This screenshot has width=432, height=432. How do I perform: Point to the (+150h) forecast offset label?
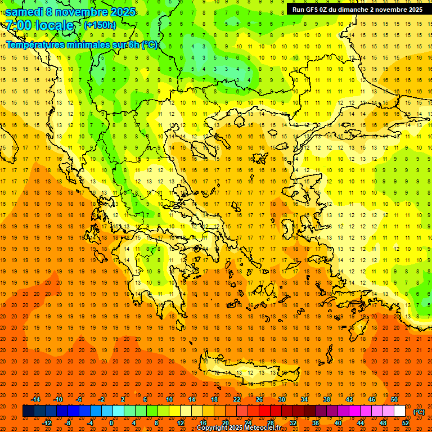(x=100, y=25)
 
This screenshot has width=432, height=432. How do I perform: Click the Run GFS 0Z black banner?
(x=357, y=10)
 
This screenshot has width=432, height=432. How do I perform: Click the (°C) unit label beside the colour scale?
(x=419, y=412)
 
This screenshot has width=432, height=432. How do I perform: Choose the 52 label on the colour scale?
(x=405, y=423)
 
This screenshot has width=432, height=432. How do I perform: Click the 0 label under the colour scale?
(x=111, y=423)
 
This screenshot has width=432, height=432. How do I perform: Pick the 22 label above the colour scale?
(x=237, y=399)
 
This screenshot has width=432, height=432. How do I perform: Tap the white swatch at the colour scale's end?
(x=399, y=411)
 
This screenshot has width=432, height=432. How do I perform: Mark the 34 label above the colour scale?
(x=304, y=399)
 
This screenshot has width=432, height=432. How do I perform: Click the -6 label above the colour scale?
(x=79, y=399)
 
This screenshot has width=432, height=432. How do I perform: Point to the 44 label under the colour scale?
(x=361, y=423)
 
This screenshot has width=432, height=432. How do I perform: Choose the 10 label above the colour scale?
(x=169, y=399)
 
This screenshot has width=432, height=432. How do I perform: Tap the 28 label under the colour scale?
(x=271, y=423)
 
